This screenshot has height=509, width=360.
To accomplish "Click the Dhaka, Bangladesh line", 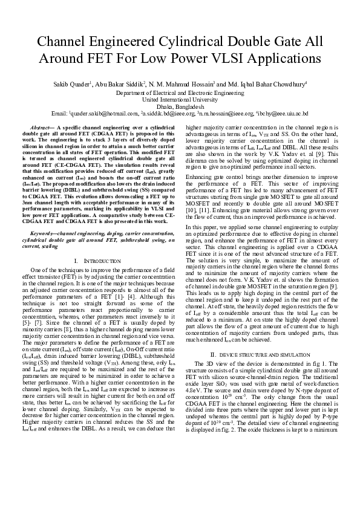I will pos(180,106).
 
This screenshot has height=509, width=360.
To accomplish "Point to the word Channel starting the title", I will pos(59,42).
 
